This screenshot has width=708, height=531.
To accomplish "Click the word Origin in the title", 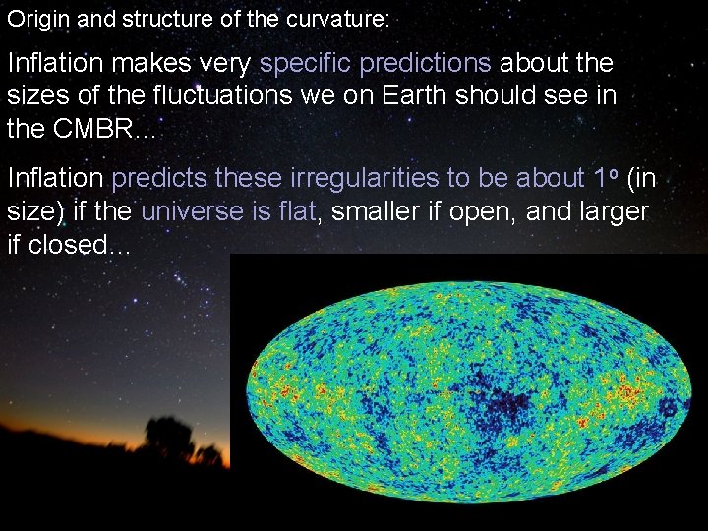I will click(x=31, y=18).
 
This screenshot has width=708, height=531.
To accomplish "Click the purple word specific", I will click(x=306, y=64).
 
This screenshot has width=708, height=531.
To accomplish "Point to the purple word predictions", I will click(x=426, y=64).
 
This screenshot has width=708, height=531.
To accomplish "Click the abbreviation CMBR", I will click(x=82, y=129).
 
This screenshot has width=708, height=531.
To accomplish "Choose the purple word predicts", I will click(x=160, y=179).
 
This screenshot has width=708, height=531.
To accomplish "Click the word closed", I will click(x=69, y=244).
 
